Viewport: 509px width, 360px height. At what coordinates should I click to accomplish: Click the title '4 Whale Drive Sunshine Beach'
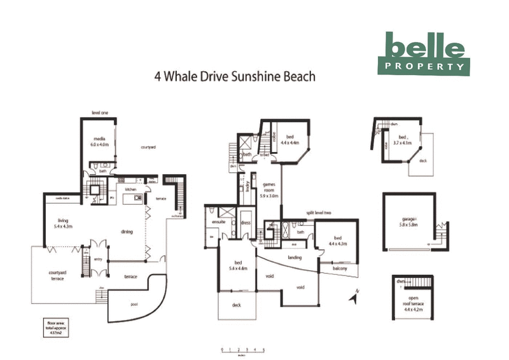tap(235, 76)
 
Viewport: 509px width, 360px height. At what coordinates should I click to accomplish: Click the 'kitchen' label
tap(130, 190)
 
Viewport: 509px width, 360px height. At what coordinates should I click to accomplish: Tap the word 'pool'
tap(134, 304)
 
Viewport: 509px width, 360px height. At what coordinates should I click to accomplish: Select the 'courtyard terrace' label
tap(57, 277)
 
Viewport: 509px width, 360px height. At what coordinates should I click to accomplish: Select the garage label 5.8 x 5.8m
tap(407, 221)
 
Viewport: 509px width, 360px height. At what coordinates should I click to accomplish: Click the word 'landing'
tap(295, 258)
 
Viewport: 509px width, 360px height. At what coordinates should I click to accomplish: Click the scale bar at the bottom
tap(242, 350)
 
